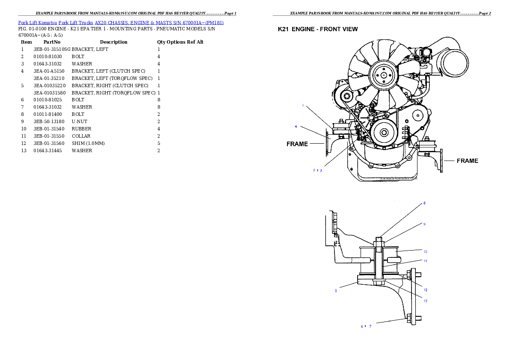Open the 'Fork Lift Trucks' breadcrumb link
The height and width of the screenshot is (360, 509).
click(76, 22)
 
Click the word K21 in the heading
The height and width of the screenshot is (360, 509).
click(283, 30)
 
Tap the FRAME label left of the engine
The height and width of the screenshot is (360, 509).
click(297, 144)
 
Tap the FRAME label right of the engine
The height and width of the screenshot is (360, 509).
click(467, 161)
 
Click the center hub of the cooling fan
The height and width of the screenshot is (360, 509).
click(384, 75)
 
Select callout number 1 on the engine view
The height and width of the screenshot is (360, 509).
click(302, 105)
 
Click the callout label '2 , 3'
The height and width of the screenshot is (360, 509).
click(317, 170)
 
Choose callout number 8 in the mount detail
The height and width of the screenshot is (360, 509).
click(424, 203)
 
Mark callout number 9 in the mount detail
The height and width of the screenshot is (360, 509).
click(424, 224)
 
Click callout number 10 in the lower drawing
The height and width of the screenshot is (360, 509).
click(425, 251)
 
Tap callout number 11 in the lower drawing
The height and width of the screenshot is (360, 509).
click(425, 260)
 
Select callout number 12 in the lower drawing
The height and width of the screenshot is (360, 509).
click(425, 290)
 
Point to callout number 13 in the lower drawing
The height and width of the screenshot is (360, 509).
click(425, 301)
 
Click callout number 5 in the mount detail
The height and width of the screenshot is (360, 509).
click(336, 291)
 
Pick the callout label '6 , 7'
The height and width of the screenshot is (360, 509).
click(366, 326)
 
